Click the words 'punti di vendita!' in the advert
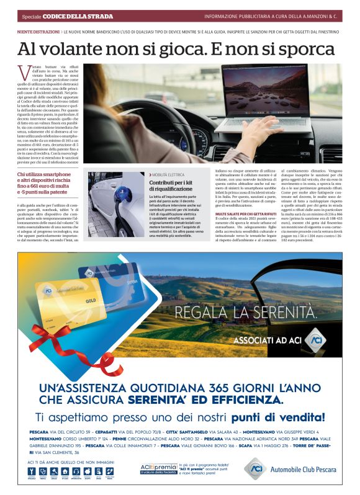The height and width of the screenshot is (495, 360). coord(274,417)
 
